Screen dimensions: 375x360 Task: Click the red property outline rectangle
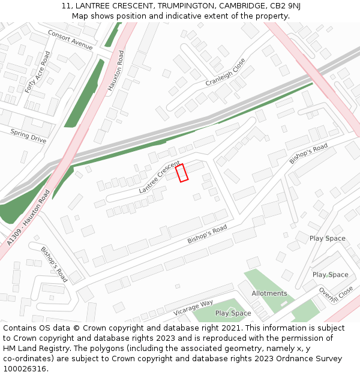(x=182, y=172)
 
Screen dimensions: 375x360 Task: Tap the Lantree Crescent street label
(x=159, y=177)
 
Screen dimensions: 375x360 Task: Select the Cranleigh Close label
(x=226, y=72)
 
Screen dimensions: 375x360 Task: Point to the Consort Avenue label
(x=70, y=40)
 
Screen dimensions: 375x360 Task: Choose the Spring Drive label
(x=28, y=136)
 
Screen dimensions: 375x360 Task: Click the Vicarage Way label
(x=193, y=307)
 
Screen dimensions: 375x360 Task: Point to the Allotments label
(x=269, y=293)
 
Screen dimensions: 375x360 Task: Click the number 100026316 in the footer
(x=25, y=369)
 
